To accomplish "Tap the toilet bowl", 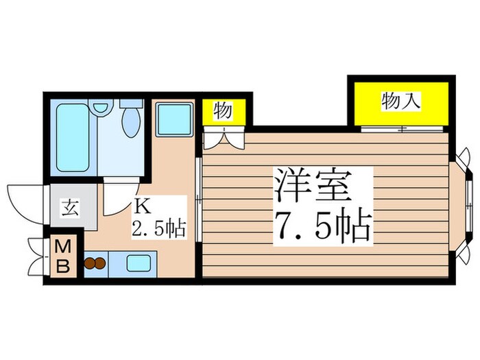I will pos(130,121).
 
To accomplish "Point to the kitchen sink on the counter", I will pos(140,263).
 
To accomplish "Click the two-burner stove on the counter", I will pos(95,263).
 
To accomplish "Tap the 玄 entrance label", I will pos(69,206).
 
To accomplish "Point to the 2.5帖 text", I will pos(160,227).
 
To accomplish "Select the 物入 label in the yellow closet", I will pos(400,101).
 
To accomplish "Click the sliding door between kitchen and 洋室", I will pos(197,199).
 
